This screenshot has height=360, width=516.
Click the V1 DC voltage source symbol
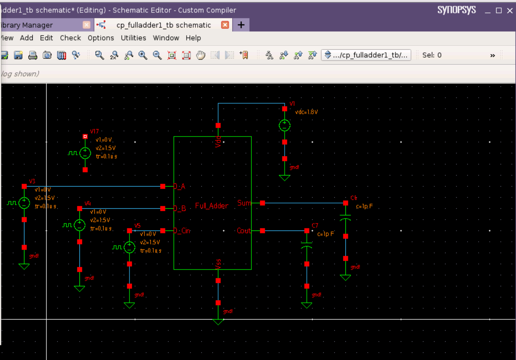(284, 125)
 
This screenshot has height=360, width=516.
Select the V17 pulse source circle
(85, 153)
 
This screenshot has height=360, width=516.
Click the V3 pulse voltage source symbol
(24, 203)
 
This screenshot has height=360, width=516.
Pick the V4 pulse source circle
(79, 225)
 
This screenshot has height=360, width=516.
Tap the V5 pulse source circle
(129, 247)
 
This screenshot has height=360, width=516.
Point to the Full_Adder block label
(211, 206)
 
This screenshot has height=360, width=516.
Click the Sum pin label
(244, 203)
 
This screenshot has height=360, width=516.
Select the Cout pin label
(244, 231)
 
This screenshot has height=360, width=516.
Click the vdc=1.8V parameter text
(306, 112)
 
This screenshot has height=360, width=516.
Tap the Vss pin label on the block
(218, 263)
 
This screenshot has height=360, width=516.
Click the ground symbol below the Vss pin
(218, 320)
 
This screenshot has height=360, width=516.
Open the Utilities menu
(133, 38)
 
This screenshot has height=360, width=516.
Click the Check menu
(70, 38)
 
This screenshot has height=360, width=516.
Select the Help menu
(193, 38)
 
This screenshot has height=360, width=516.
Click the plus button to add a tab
(241, 25)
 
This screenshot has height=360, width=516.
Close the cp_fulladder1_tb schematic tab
(225, 25)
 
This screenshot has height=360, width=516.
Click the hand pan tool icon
(201, 55)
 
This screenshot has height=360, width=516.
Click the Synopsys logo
(457, 10)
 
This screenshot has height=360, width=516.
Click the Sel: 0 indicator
(432, 55)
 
